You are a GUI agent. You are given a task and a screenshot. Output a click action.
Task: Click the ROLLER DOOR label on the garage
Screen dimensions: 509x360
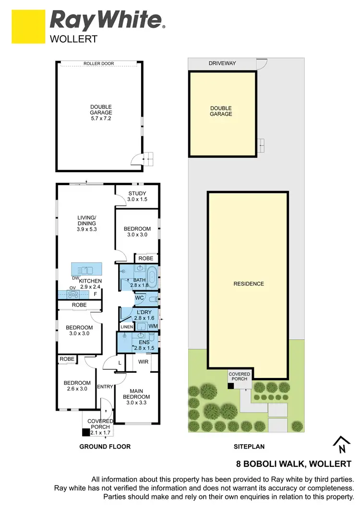pyautogui.click(x=99, y=64)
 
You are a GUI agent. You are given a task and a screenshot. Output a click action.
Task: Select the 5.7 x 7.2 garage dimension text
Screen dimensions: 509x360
pyautogui.click(x=101, y=118)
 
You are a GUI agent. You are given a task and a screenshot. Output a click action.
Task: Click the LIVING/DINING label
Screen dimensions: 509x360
pyautogui.click(x=87, y=220)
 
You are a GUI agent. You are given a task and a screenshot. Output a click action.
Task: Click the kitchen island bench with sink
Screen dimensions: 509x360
pyautogui.click(x=87, y=268)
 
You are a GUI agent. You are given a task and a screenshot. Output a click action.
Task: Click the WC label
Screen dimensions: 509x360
pyautogui.click(x=140, y=298)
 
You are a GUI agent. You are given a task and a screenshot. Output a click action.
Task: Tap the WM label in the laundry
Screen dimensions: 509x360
pyautogui.click(x=153, y=326)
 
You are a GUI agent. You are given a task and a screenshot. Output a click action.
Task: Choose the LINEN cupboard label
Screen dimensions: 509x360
pyautogui.click(x=126, y=327)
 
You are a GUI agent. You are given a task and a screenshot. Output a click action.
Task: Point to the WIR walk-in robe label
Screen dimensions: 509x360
pyautogui.click(x=143, y=361)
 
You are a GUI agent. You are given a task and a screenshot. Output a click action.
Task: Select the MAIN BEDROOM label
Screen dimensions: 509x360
pyautogui.click(x=136, y=393)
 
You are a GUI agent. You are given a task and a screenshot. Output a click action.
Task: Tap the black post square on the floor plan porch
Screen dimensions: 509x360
pyautogui.click(x=86, y=432)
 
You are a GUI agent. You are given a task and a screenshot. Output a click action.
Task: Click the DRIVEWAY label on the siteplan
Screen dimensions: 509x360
pyautogui.click(x=222, y=63)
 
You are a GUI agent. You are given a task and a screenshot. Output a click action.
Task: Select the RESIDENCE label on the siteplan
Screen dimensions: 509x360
pyautogui.click(x=249, y=284)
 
